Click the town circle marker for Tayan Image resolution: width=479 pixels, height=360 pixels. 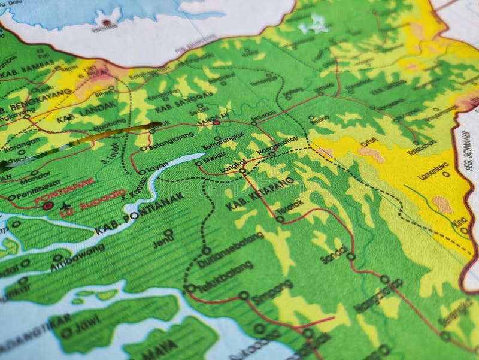tap(142, 172)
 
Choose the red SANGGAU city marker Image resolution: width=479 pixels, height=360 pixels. tap(216, 123)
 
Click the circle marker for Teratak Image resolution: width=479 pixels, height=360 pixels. tap(280, 219)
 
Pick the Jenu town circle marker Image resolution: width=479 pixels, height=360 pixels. tap(168, 232)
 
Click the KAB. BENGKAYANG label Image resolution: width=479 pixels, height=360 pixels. tap(36, 102)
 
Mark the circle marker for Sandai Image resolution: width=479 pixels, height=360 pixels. tap(351, 256)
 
